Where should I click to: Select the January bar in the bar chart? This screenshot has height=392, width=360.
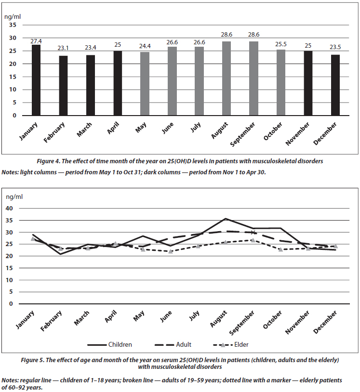coord(36,80)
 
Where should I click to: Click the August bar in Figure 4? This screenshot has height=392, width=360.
coord(227,78)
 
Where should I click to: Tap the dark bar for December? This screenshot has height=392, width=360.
coord(335,85)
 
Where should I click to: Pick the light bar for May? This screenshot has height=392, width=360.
coord(145,84)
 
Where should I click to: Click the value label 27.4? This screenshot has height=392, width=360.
coord(36,41)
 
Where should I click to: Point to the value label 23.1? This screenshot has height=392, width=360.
coord(63,48)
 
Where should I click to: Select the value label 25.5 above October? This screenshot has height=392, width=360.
coord(281,44)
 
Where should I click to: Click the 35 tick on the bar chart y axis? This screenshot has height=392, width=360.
coord(13,25)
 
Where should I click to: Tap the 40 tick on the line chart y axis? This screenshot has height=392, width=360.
coord(9,208)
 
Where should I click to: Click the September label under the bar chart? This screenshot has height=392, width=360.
coord(242,134)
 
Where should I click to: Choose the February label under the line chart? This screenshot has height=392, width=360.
coord(51,321)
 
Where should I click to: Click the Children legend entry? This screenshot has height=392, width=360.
coord(109,344)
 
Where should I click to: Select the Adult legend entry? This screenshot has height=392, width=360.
coord(173,344)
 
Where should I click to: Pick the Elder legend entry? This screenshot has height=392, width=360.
coord(231,344)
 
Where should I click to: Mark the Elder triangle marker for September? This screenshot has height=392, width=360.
coord(253,240)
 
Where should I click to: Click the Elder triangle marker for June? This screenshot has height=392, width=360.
coord(171,251)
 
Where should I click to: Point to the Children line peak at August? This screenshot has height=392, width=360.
coord(226,219)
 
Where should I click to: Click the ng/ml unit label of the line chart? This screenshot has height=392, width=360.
coord(14,197)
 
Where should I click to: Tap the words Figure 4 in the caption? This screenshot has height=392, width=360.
coord(48,161)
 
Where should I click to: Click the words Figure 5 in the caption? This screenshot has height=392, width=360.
coord(32,360)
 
